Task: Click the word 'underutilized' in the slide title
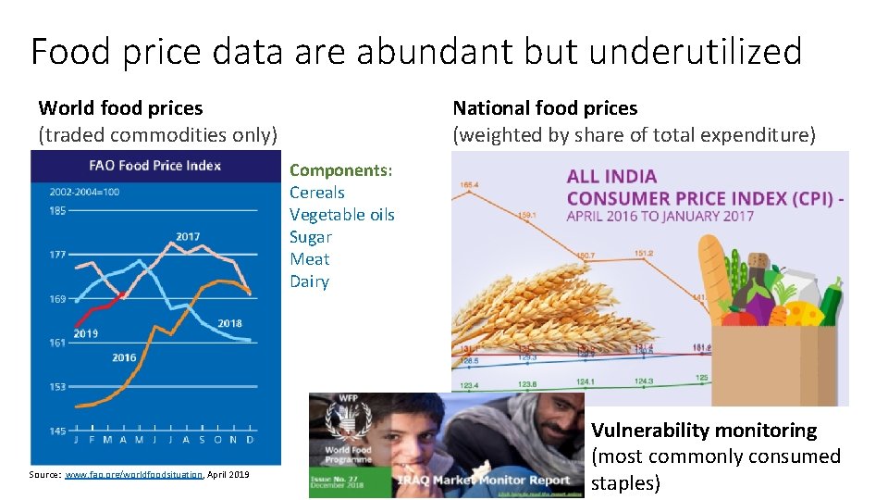[695, 51]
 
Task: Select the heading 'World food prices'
[120, 108]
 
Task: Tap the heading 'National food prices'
[545, 108]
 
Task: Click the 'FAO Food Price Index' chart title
[154, 166]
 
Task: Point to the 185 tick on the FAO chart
[57, 211]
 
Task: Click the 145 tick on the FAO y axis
[57, 431]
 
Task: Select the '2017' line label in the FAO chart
[188, 237]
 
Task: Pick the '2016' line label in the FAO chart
[124, 357]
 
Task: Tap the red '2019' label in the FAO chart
[86, 333]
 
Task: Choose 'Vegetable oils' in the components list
[341, 215]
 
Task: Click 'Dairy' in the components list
[309, 281]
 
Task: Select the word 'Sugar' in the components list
[310, 237]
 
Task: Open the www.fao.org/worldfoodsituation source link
[133, 474]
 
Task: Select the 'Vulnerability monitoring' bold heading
[704, 431]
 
